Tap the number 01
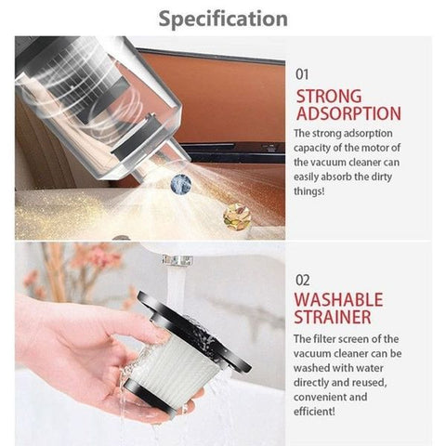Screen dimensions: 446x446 coord(303,72)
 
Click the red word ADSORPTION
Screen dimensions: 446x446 coord(348,113)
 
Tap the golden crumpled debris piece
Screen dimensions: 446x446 coord(237,216)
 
